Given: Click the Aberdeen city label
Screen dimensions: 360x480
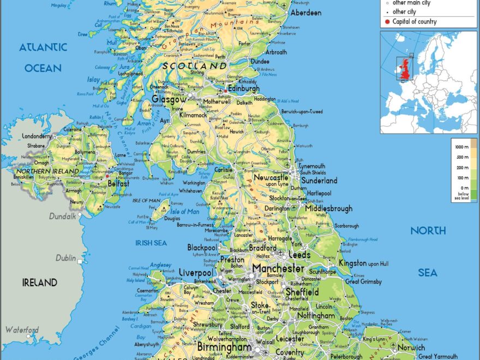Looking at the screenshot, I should [305, 13].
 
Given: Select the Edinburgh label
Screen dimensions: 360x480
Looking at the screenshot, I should [244, 89].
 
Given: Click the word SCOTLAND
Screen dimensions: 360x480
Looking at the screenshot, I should [195, 65].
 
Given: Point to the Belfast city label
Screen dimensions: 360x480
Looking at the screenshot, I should [118, 184].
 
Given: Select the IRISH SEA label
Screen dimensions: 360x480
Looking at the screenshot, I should [151, 243].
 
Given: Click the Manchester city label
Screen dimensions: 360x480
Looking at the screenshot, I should [278, 268].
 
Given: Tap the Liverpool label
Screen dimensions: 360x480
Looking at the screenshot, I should [196, 272].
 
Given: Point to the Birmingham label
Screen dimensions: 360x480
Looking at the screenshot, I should [224, 347].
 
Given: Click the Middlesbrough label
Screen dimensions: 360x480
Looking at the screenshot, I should [328, 208].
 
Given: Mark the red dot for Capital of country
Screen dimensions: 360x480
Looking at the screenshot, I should [387, 22].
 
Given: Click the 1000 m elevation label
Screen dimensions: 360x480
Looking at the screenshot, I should [463, 147].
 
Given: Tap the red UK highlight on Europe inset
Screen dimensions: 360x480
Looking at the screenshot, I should [404, 69].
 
